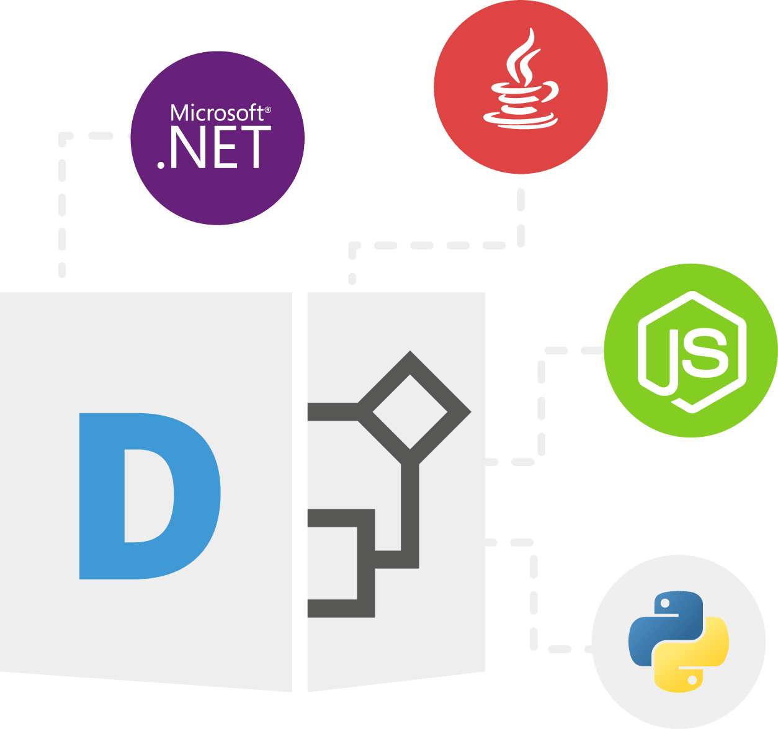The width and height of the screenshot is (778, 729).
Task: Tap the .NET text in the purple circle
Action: click(214, 148)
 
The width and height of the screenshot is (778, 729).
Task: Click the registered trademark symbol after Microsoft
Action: click(268, 110)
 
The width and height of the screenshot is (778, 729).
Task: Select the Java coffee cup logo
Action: click(521, 78)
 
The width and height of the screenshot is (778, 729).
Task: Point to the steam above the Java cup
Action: click(524, 56)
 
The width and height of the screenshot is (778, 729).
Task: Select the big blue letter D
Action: click(150, 496)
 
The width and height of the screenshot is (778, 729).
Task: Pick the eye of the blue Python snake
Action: click(665, 604)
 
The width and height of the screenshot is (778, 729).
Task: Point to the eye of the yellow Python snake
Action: click(692, 680)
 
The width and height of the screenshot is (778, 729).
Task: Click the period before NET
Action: click(161, 166)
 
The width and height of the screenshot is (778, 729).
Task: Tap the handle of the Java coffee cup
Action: click(549, 92)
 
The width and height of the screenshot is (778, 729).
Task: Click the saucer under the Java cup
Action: click(521, 121)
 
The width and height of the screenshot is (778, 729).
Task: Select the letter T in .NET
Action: click(256, 148)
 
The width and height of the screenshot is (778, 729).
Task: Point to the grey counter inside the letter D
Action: click(149, 496)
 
